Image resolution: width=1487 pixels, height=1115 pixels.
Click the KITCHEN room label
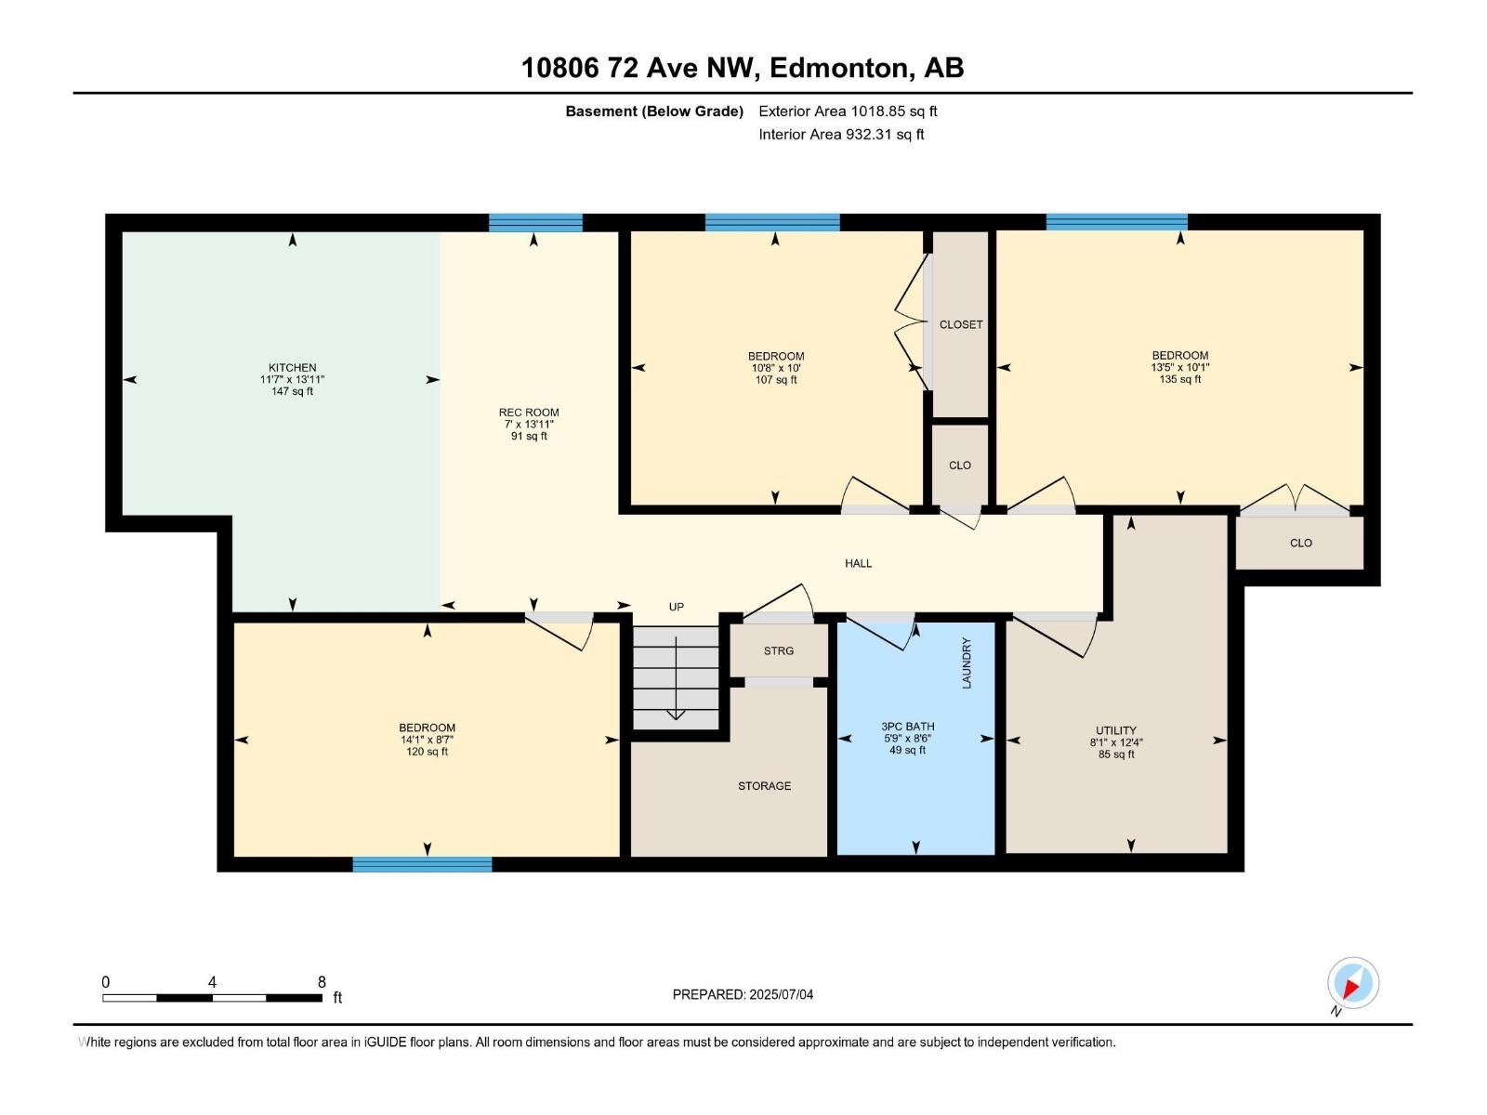[292, 368]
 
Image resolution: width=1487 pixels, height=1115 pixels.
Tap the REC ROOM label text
[529, 413]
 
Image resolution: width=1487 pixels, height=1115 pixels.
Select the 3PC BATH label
[908, 727]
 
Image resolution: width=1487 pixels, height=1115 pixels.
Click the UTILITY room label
[1115, 730]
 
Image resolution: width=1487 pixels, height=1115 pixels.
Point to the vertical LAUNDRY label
[967, 662]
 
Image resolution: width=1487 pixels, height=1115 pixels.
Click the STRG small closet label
[779, 650]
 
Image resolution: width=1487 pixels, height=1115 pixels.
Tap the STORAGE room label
[764, 786]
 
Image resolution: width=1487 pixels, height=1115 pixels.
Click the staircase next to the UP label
[676, 676]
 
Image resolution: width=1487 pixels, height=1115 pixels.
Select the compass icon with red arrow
[1353, 983]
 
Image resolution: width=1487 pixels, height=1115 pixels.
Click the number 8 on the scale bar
[322, 982]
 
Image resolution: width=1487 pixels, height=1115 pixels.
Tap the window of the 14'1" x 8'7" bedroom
[422, 864]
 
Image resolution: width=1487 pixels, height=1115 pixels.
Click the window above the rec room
[535, 222]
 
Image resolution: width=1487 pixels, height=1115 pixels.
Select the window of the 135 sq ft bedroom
[1116, 221]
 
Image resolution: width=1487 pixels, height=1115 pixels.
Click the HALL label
[858, 563]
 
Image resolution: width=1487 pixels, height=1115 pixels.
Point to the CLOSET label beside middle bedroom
[960, 324]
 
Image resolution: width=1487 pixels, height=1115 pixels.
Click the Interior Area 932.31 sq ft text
[841, 135]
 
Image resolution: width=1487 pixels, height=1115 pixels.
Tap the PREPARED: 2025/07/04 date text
[743, 994]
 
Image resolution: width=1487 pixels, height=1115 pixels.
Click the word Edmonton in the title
[838, 68]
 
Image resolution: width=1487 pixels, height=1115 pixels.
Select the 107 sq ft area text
[775, 380]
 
